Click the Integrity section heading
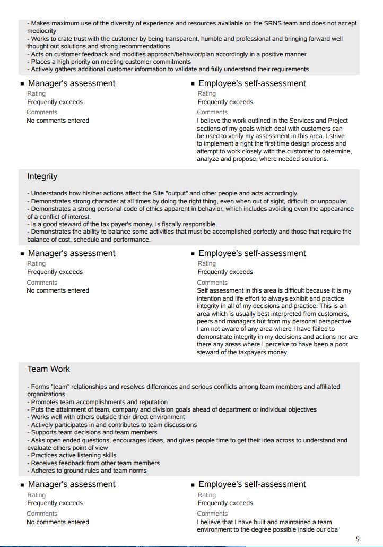tap(42, 176)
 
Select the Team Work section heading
tap(49, 369)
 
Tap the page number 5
tap(358, 539)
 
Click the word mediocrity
tap(42, 31)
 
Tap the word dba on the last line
tap(332, 529)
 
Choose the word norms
tap(135, 471)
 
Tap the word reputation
tap(150, 402)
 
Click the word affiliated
tap(324, 387)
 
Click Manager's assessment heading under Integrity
tap(72, 253)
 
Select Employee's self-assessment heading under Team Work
tap(252, 484)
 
